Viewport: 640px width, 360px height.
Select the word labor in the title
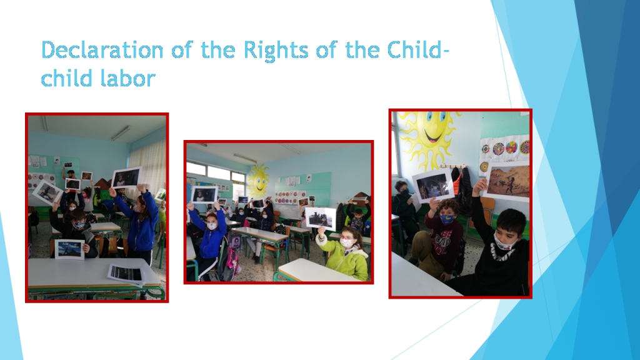click(124, 79)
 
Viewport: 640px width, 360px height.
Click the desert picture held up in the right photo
click(507, 182)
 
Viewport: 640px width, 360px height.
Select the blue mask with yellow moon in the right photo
click(446, 219)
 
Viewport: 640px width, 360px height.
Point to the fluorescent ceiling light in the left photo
click(121, 132)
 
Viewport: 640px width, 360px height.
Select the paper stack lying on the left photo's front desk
click(125, 273)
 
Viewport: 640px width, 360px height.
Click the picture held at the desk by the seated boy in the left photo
click(69, 249)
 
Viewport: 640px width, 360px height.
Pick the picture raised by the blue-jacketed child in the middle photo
click(204, 194)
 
